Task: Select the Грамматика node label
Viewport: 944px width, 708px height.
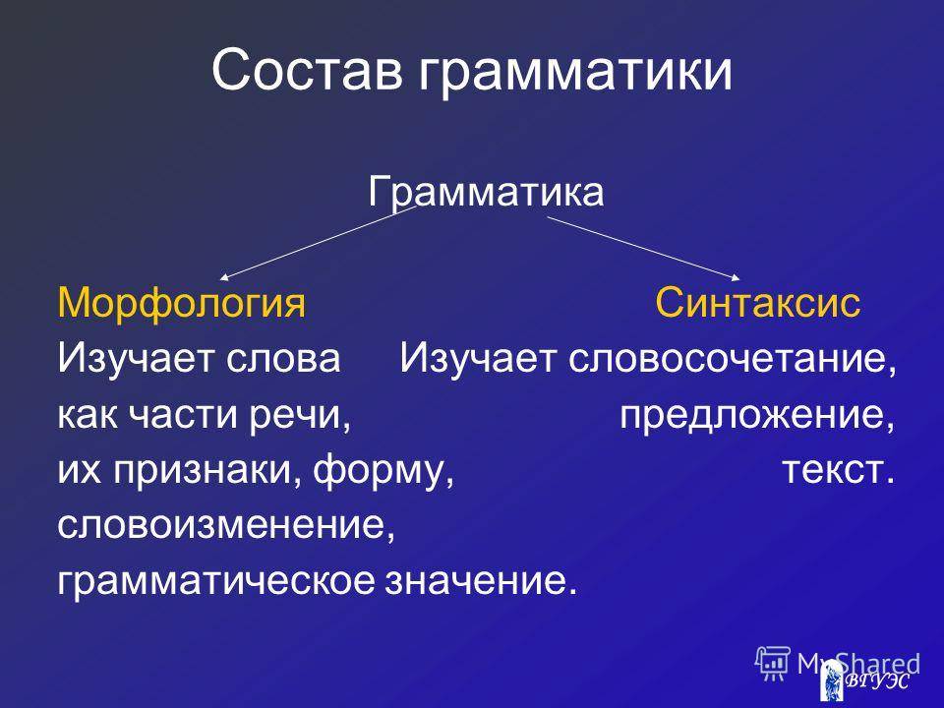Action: coord(485,193)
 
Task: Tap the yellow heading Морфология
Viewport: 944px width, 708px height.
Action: coord(181,304)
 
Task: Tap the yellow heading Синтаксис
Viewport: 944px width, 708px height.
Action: coord(757,302)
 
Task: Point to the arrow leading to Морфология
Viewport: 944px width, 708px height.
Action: coord(318,243)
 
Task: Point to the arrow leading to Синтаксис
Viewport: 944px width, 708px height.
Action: coord(643,248)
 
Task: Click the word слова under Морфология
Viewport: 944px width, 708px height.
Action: coord(283,360)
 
